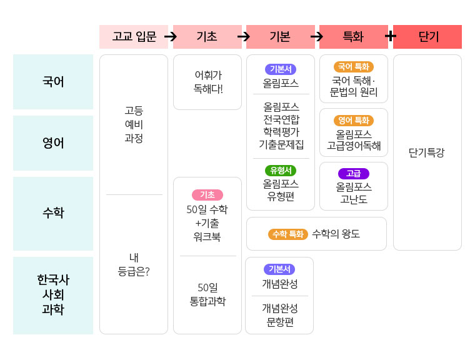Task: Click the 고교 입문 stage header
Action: point(134,37)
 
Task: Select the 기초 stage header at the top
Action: point(207,37)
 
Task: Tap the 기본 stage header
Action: point(280,37)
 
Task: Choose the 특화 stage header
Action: point(353,37)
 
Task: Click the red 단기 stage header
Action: point(427,37)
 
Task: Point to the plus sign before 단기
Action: point(390,36)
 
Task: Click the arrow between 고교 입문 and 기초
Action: point(171,37)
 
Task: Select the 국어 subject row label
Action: point(53,82)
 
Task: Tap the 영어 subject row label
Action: point(53,143)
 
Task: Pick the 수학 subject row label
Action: point(53,213)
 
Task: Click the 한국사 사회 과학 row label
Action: point(53,295)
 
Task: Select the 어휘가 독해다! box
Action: point(207,82)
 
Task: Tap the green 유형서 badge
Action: point(281,171)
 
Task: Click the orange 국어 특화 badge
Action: point(354,67)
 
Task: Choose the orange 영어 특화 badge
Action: point(354,121)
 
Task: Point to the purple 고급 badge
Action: point(354,174)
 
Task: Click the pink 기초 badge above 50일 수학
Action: point(207,195)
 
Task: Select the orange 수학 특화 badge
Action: point(287,234)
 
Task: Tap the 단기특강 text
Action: point(427,152)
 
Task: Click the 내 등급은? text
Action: point(134,264)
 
